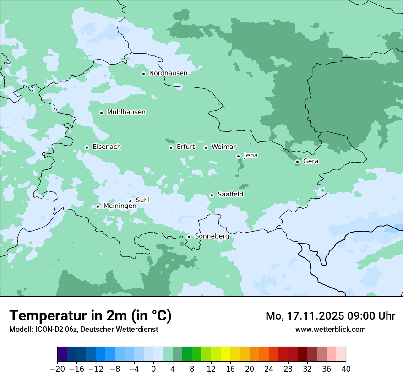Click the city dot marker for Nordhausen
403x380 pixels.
pyautogui.click(x=143, y=74)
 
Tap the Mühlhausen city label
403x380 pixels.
pyautogui.click(x=126, y=112)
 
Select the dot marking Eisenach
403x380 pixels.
pyautogui.click(x=87, y=147)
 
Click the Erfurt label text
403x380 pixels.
pyautogui.click(x=185, y=147)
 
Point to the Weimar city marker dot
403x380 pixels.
pyautogui.click(x=206, y=147)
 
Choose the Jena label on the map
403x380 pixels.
pyautogui.click(x=251, y=156)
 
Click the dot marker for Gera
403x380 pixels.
pyautogui.click(x=297, y=162)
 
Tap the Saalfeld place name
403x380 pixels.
pyautogui.click(x=230, y=195)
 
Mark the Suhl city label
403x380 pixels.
pyautogui.click(x=142, y=200)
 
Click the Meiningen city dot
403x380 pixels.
pyautogui.click(x=98, y=206)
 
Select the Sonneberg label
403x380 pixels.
pyautogui.click(x=212, y=236)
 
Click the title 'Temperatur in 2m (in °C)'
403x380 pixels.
pyautogui.click(x=91, y=316)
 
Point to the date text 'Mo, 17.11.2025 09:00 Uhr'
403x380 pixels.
pyautogui.click(x=330, y=316)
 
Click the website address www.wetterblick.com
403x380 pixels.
pyautogui.click(x=330, y=329)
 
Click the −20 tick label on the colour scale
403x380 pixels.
pyautogui.click(x=58, y=369)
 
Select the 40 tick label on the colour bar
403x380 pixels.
pyautogui.click(x=346, y=369)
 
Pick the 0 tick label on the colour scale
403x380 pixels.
pyautogui.click(x=154, y=369)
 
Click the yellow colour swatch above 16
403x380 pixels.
pyautogui.click(x=225, y=354)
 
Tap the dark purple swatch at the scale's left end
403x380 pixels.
pyautogui.click(x=62, y=354)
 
